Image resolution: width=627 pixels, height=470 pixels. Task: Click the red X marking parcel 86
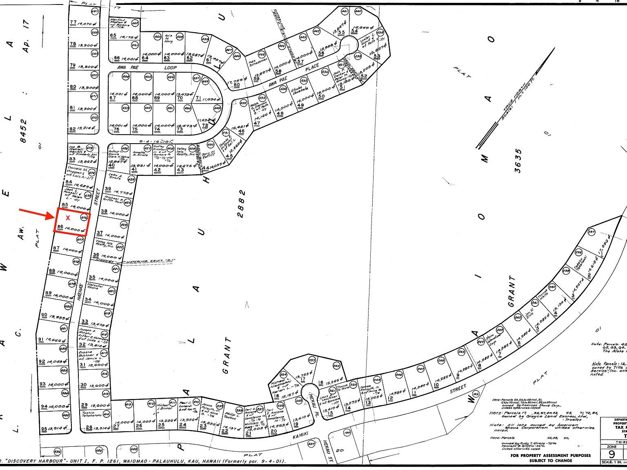click(68, 218)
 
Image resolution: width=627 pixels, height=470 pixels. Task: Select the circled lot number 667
click(95, 11)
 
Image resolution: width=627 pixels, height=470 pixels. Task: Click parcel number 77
click(73, 22)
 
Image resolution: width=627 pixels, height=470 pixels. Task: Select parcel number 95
click(44, 429)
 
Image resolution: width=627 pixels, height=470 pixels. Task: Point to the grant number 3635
click(518, 161)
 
